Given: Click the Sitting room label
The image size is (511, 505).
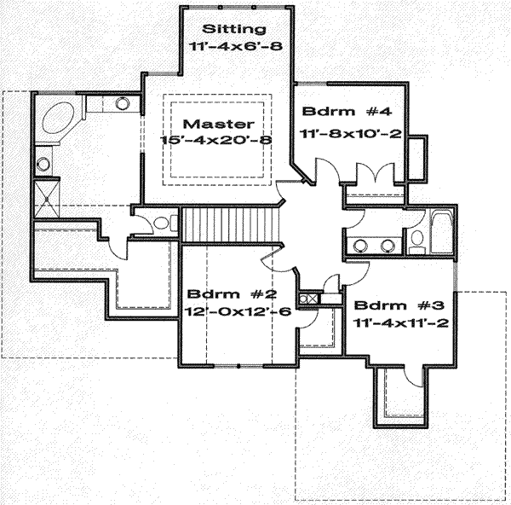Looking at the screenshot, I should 233,29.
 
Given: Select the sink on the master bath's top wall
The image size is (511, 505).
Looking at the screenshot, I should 121,105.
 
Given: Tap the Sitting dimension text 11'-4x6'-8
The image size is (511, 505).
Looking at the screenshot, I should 233,46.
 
